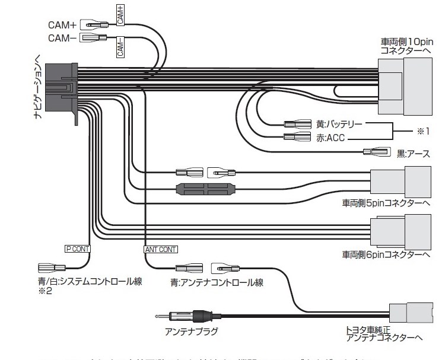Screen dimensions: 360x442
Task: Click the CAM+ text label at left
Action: pyautogui.click(x=61, y=26)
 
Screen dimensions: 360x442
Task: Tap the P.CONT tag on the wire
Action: pyautogui.click(x=77, y=249)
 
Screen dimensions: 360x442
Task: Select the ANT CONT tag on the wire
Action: pyautogui.click(x=161, y=249)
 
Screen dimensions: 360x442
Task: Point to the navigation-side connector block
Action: pyautogui.click(x=62, y=89)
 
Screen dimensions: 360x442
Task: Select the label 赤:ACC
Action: pyautogui.click(x=330, y=138)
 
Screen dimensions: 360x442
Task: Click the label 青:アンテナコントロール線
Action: pyautogui.click(x=217, y=283)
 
